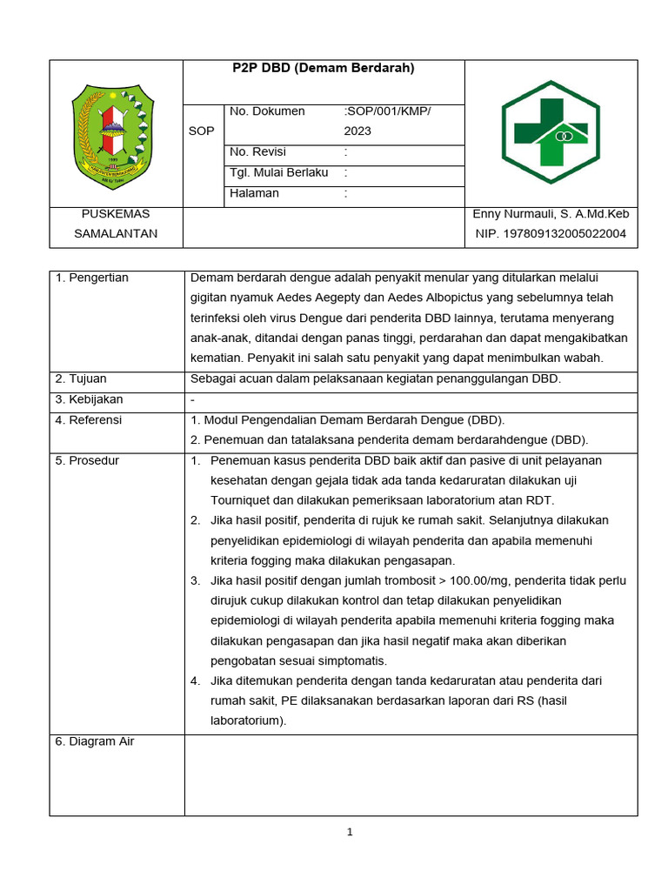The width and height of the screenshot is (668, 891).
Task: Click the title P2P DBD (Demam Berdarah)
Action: click(x=324, y=68)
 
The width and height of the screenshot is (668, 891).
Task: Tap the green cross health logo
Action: click(x=551, y=132)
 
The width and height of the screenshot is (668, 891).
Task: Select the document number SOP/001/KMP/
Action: click(x=388, y=111)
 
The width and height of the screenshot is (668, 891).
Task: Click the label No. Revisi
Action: click(x=257, y=152)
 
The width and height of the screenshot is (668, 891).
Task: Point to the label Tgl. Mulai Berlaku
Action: click(x=278, y=172)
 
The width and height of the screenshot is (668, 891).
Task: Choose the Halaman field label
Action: click(x=254, y=193)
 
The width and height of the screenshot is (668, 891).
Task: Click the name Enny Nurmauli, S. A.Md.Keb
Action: click(x=551, y=214)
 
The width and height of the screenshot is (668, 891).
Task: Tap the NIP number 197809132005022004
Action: click(x=551, y=233)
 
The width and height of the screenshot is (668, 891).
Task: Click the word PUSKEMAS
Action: click(x=115, y=214)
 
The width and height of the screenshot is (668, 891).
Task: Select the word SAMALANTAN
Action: click(x=115, y=233)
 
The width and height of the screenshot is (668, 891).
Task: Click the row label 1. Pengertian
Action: click(x=91, y=278)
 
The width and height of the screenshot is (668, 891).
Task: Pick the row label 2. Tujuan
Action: click(x=83, y=379)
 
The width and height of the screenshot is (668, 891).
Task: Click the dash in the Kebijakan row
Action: click(x=193, y=399)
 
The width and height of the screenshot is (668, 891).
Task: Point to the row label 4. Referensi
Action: click(x=88, y=419)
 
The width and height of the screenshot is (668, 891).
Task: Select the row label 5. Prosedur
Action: click(x=87, y=460)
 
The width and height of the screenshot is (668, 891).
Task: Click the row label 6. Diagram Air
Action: click(x=95, y=741)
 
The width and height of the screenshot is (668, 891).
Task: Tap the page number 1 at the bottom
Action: click(x=350, y=832)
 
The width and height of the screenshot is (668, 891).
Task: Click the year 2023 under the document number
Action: click(x=357, y=131)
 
